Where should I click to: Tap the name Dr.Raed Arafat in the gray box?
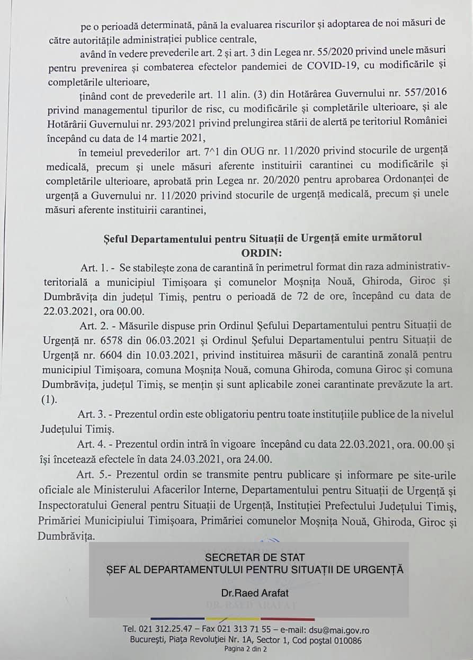[255, 593]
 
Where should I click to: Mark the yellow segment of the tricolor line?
[233, 619]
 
